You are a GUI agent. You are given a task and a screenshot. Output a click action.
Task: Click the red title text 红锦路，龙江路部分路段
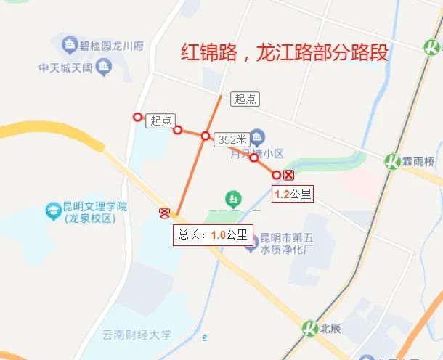point(285,54)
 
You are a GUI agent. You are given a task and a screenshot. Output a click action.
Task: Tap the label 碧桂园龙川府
point(112,46)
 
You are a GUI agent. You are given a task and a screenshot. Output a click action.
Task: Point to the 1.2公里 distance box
point(291,194)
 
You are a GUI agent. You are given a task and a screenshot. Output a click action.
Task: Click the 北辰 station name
point(331,327)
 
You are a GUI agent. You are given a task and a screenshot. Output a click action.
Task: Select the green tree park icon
point(232,196)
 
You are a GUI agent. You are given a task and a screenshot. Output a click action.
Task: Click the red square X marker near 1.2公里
point(289,175)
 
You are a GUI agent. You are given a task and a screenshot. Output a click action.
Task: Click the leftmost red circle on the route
point(137,116)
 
